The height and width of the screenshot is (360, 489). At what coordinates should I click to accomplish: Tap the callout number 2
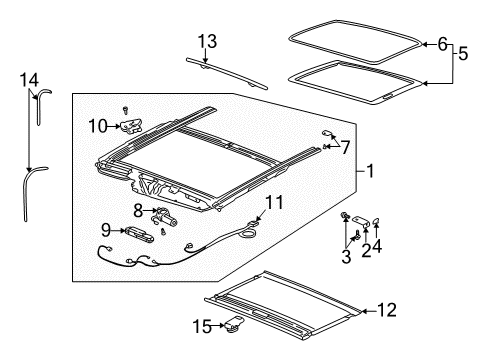pos(366,251)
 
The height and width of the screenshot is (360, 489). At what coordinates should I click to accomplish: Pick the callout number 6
pos(443,43)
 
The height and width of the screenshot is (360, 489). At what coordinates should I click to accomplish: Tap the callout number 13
pos(206,40)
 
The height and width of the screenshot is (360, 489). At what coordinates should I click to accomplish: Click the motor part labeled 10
pos(132,126)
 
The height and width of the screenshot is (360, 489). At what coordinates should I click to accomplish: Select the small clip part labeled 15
pos(236,323)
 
